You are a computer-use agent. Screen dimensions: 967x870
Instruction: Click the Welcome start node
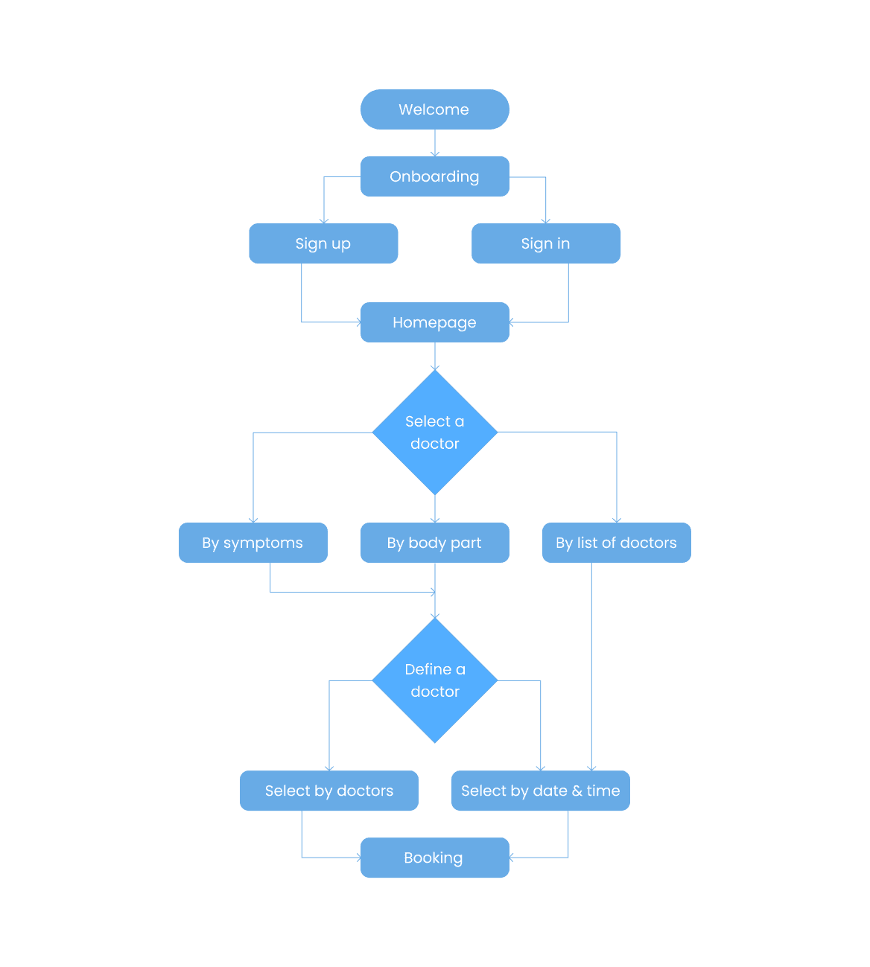coord(434,109)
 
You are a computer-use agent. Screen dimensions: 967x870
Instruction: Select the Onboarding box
coord(434,176)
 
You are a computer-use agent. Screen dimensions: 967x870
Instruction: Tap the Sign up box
coord(323,243)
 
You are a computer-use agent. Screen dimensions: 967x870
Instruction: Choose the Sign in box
coord(546,243)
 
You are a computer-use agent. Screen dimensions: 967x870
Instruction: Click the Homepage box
coord(434,322)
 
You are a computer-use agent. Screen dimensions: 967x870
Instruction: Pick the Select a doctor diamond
coord(435,433)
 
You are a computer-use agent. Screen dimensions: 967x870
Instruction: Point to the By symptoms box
coord(253,543)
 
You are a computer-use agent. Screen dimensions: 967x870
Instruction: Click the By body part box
coord(434,543)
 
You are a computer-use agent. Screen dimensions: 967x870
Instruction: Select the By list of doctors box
coord(616,543)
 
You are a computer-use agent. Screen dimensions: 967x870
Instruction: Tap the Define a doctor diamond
coord(435,680)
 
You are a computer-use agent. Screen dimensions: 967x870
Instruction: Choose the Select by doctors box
coord(328,791)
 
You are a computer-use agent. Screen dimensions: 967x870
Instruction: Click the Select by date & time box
coord(540,791)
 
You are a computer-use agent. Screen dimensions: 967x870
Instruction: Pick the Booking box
coord(434,858)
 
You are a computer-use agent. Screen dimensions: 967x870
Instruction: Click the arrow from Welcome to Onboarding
coord(435,143)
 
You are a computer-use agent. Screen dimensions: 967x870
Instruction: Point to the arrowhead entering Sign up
coord(324,220)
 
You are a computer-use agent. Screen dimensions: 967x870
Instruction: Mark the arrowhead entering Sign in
coord(546,220)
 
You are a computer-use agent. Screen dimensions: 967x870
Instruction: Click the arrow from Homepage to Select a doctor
coord(435,357)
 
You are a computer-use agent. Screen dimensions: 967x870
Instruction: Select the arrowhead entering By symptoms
coord(253,520)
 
